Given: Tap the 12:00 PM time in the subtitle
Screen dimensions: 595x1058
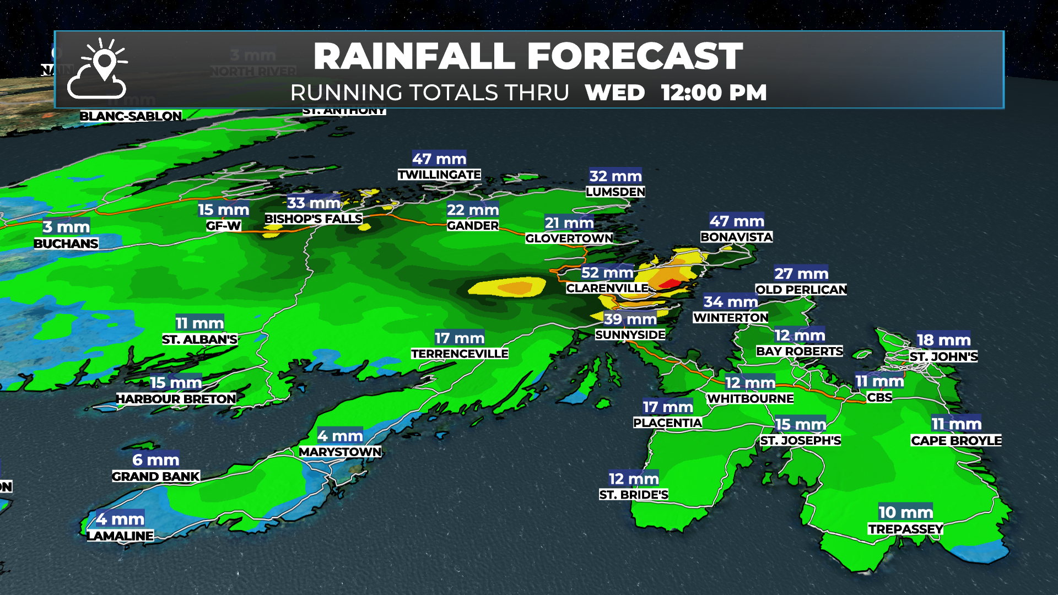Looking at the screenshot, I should point(714,93).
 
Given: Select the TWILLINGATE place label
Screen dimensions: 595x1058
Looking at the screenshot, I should point(439,175).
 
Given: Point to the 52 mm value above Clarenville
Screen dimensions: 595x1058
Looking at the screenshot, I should point(607,273).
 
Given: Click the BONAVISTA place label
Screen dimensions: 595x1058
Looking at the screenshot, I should point(736,237).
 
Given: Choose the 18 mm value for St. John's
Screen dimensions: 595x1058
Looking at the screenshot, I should point(943,340).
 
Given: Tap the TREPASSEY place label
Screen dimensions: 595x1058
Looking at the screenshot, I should point(905,529).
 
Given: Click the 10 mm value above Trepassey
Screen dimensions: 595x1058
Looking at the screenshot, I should point(905,512).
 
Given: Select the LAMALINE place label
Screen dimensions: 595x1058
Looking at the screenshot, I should point(120,535).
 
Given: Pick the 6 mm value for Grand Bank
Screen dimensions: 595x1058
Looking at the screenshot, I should point(155,460).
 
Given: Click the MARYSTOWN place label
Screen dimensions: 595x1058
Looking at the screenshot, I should point(340,452).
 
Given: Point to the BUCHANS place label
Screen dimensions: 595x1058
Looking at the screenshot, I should point(66,244).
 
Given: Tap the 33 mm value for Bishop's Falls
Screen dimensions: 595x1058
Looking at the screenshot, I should point(314,203).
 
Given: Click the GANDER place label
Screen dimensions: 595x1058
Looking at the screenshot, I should point(473,225).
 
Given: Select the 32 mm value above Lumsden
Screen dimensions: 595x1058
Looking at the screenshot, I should point(616,176).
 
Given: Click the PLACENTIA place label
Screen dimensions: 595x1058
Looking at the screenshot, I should point(667,423).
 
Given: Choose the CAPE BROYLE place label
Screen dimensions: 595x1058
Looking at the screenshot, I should point(956,440).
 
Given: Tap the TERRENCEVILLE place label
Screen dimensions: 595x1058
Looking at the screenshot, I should point(460,354).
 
